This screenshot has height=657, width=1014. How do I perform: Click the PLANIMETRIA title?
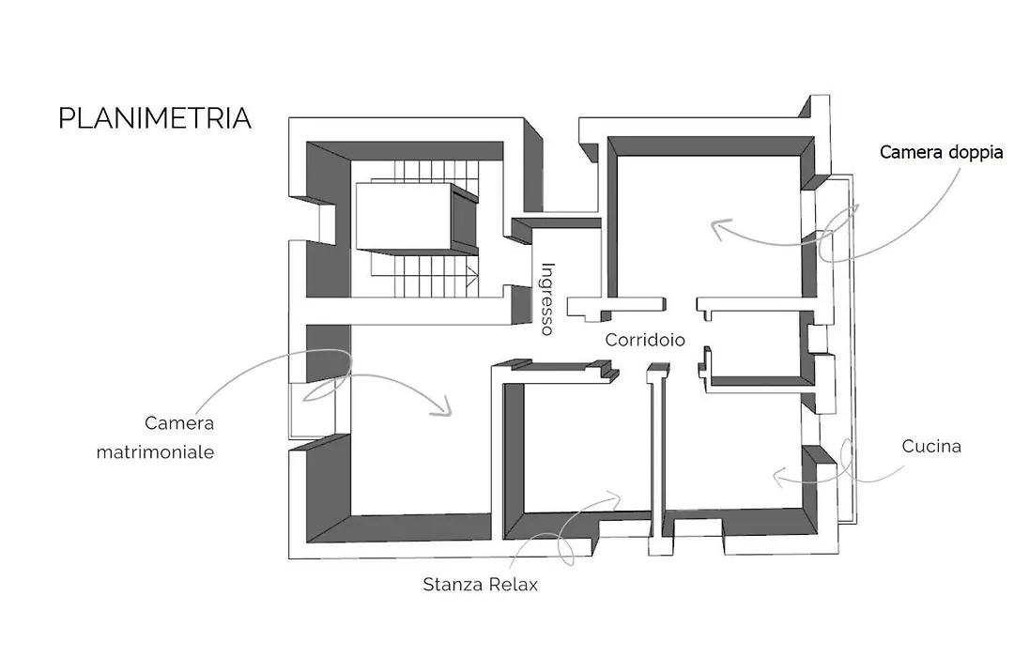coord(155,118)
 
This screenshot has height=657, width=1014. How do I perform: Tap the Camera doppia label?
coord(941,153)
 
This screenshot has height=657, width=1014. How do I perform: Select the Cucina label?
coord(931,446)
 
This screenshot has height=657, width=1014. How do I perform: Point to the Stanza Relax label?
coord(480,585)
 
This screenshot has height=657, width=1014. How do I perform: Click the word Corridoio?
coord(645,340)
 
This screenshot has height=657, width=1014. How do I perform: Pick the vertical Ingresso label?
coord(547,298)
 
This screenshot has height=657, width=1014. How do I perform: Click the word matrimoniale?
coord(155,451)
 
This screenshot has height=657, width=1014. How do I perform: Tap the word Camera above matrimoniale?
coord(179,423)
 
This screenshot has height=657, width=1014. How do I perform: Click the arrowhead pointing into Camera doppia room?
coord(718,228)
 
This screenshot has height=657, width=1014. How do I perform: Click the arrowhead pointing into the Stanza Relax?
coord(614,497)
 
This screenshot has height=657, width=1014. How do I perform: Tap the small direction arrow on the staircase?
coord(472,275)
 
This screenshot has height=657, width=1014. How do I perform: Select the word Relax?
coord(514,585)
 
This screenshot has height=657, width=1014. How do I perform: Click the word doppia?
coord(976,153)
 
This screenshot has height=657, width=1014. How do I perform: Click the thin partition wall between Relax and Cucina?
coord(657,459)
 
